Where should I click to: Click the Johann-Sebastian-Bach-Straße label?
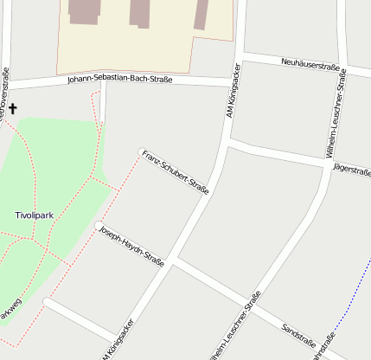pyautogui.click(x=119, y=80)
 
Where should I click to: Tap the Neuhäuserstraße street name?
pyautogui.click(x=310, y=64)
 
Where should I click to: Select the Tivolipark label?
pyautogui.click(x=35, y=214)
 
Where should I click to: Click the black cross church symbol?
pyautogui.click(x=13, y=109)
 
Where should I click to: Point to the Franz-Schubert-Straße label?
pyautogui.click(x=176, y=171)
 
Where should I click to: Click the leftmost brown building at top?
pyautogui.click(x=85, y=11)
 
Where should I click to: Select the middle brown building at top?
pyautogui.click(x=140, y=12)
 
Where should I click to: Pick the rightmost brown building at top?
pyautogui.click(x=201, y=14)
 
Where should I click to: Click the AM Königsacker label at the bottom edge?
pyautogui.click(x=118, y=341)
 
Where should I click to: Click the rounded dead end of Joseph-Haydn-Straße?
pyautogui.click(x=98, y=227)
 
